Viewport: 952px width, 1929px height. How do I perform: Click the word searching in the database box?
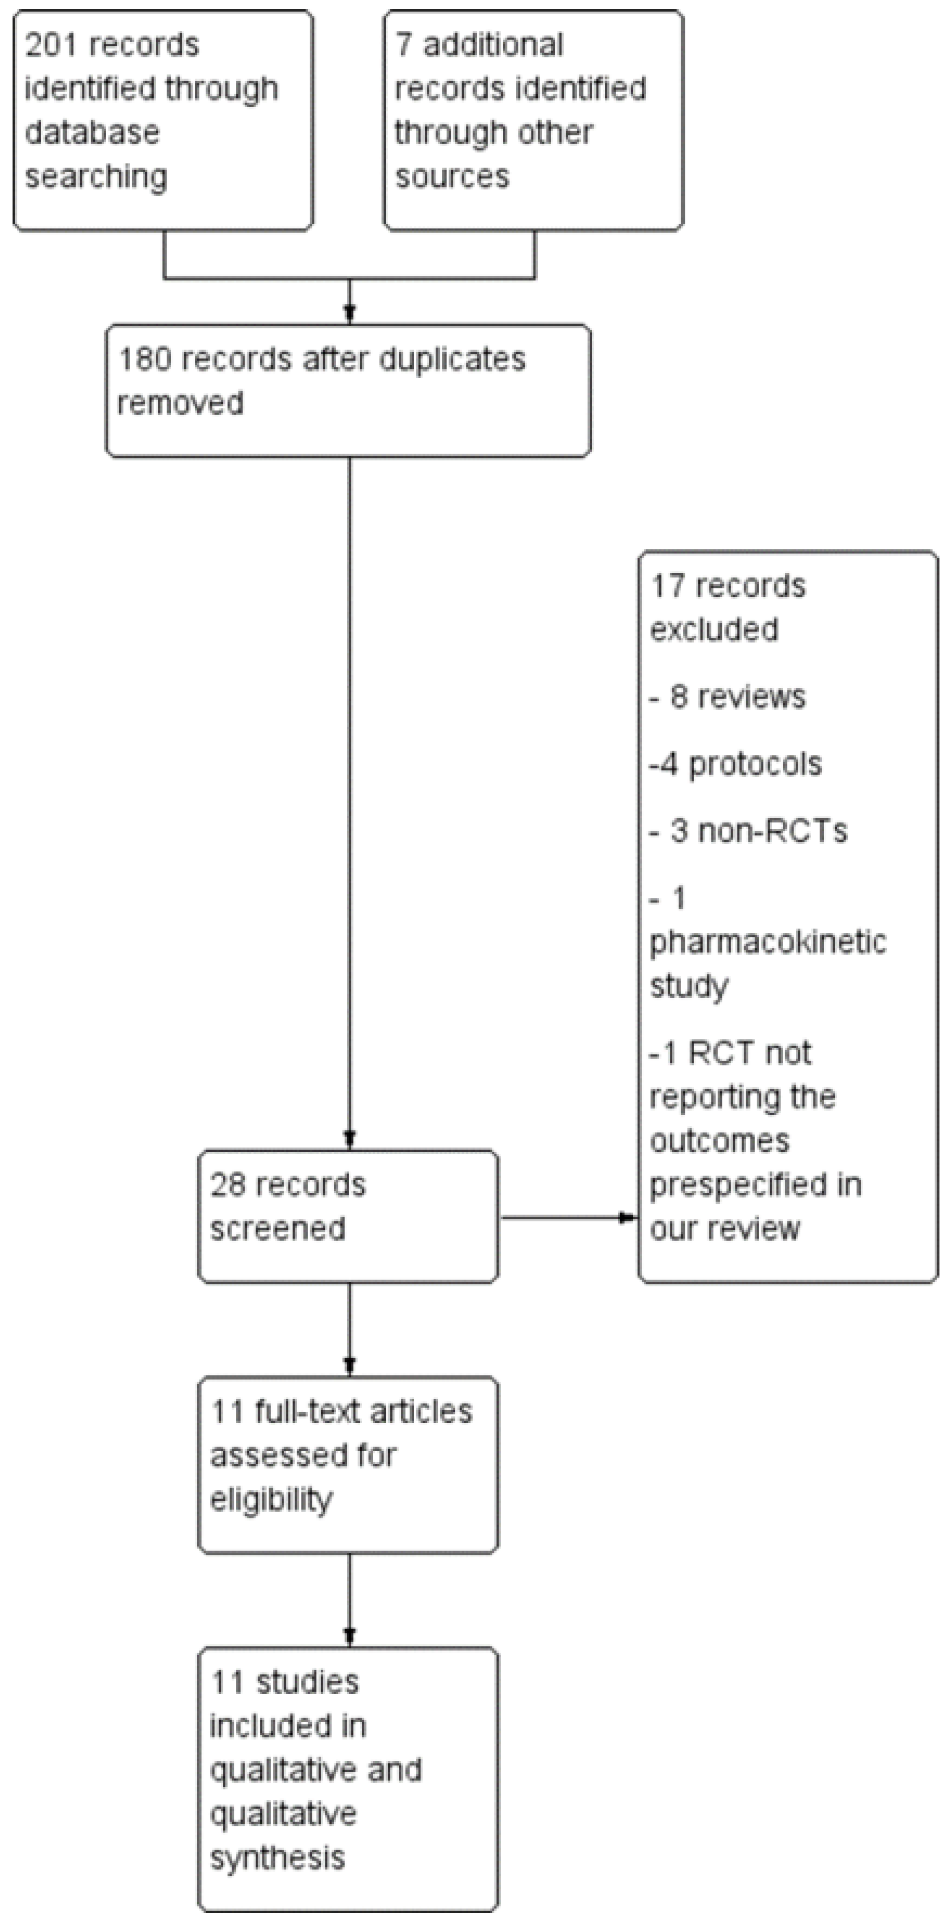click(x=96, y=177)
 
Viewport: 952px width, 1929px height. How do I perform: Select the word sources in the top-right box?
click(x=452, y=177)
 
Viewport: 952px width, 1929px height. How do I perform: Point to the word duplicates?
click(x=452, y=360)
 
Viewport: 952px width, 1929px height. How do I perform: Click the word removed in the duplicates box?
click(x=180, y=404)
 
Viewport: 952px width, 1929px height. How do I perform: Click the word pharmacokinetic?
click(x=767, y=942)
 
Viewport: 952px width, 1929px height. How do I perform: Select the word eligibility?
click(x=271, y=1500)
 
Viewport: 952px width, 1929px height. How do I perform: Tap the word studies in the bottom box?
click(x=306, y=1683)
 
